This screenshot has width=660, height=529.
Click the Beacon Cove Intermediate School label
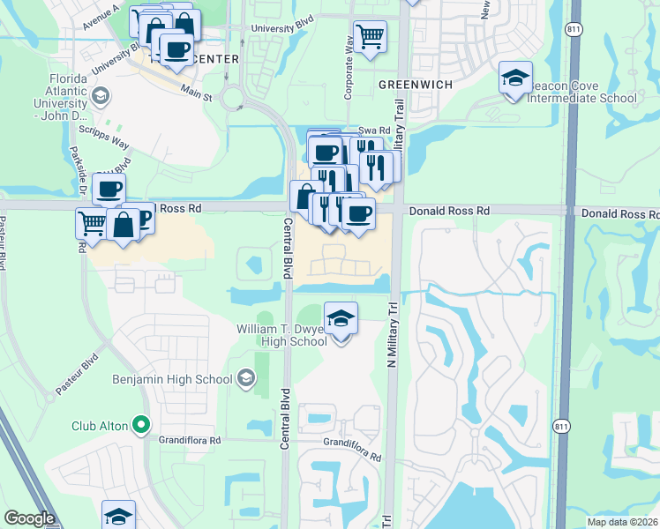point(581,92)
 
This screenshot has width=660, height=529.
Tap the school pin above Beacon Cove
point(515,78)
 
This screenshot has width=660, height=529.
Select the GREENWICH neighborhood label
point(415,84)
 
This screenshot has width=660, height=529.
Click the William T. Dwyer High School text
point(281,335)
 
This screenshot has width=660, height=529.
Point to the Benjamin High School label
point(172,379)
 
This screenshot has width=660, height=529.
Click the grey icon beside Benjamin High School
point(246,379)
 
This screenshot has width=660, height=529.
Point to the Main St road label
point(197,92)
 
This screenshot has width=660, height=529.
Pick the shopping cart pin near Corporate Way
point(370,37)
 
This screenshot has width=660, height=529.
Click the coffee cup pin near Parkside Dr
point(109,189)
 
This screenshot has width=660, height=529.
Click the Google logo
point(29,518)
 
